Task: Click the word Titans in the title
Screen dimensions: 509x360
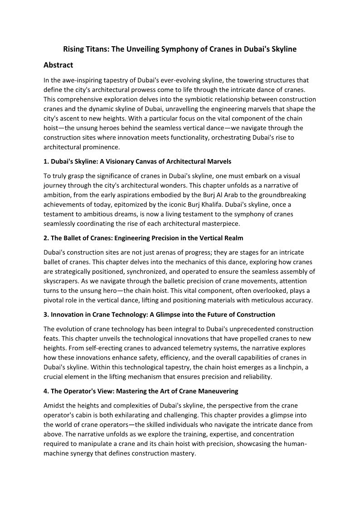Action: point(97,49)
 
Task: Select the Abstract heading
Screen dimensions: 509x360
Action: point(58,65)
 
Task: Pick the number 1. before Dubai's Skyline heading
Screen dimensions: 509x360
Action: point(46,161)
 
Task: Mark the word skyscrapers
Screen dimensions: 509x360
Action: point(61,281)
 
